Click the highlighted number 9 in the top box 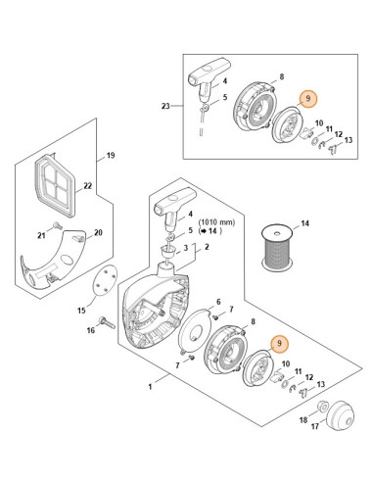307,99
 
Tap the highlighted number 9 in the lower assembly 280,343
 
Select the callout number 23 165,106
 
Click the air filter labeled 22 55,184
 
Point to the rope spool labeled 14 277,247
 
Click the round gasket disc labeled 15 104,280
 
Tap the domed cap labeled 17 340,414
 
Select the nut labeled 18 322,407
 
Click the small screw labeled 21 58,225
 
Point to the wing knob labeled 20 78,238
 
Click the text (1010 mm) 216,222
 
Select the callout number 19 111,155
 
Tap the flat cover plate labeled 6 195,329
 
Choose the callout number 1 150,387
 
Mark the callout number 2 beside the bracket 207,247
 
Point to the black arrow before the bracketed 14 203,231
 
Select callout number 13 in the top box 349,140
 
